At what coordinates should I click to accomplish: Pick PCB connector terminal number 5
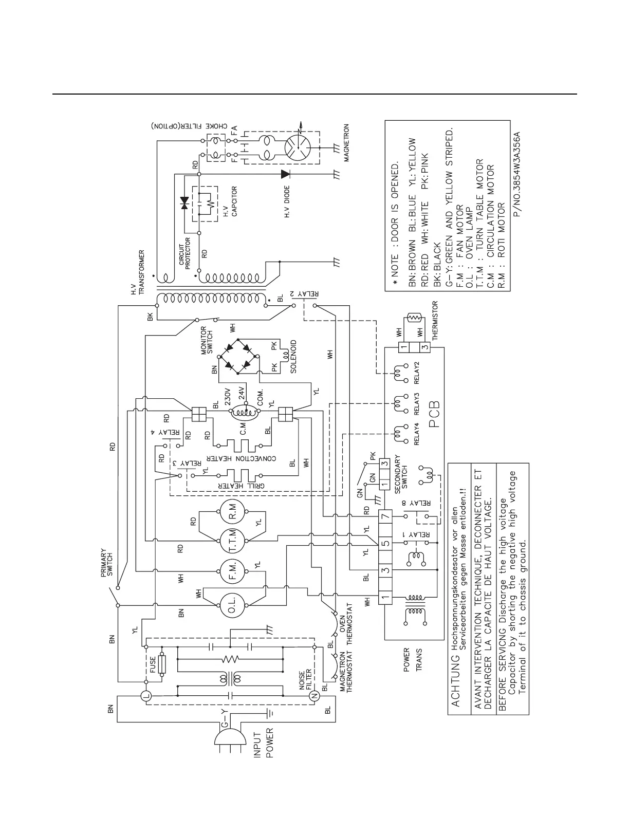coord(385,542)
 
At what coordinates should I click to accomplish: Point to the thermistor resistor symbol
coord(413,320)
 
